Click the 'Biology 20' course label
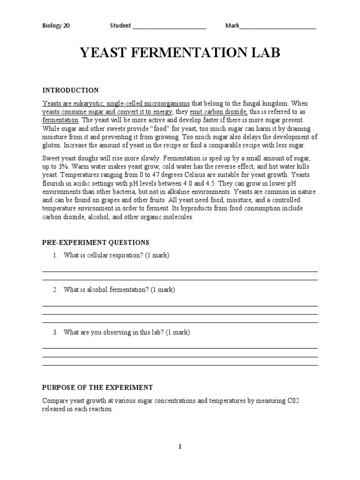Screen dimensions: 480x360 coord(56,26)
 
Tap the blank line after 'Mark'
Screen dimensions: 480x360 coord(278,26)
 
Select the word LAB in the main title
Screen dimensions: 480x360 coord(265,53)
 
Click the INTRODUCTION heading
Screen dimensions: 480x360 coord(70,90)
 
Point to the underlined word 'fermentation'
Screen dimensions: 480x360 coord(60,120)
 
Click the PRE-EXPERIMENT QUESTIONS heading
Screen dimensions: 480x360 coord(96,242)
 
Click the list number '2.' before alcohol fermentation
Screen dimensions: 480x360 coord(55,290)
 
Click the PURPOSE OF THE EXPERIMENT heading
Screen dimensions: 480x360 coord(97,387)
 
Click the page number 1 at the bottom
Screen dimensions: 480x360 coord(180,447)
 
